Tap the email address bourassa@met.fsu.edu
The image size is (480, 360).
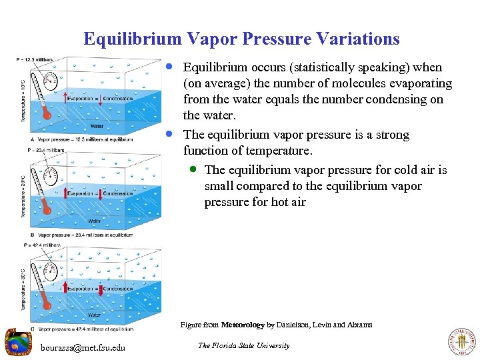click(83, 347)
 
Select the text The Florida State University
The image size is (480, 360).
click(243, 345)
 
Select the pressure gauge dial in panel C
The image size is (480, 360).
click(49, 270)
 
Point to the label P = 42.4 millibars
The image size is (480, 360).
click(42, 245)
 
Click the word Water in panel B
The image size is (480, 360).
click(95, 221)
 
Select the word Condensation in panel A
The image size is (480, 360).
click(118, 99)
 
